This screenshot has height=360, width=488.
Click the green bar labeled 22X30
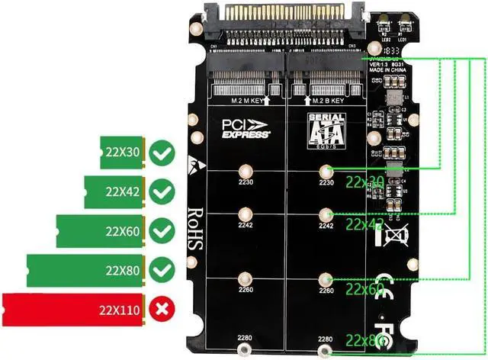(122, 152)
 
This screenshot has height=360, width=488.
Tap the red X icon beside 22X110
(161, 309)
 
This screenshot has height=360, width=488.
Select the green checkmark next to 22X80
(161, 269)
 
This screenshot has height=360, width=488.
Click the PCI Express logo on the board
(246, 128)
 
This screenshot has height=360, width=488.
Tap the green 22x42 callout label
(364, 224)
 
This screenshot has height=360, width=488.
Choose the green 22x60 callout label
(364, 289)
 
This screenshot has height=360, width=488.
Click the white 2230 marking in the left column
(245, 183)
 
